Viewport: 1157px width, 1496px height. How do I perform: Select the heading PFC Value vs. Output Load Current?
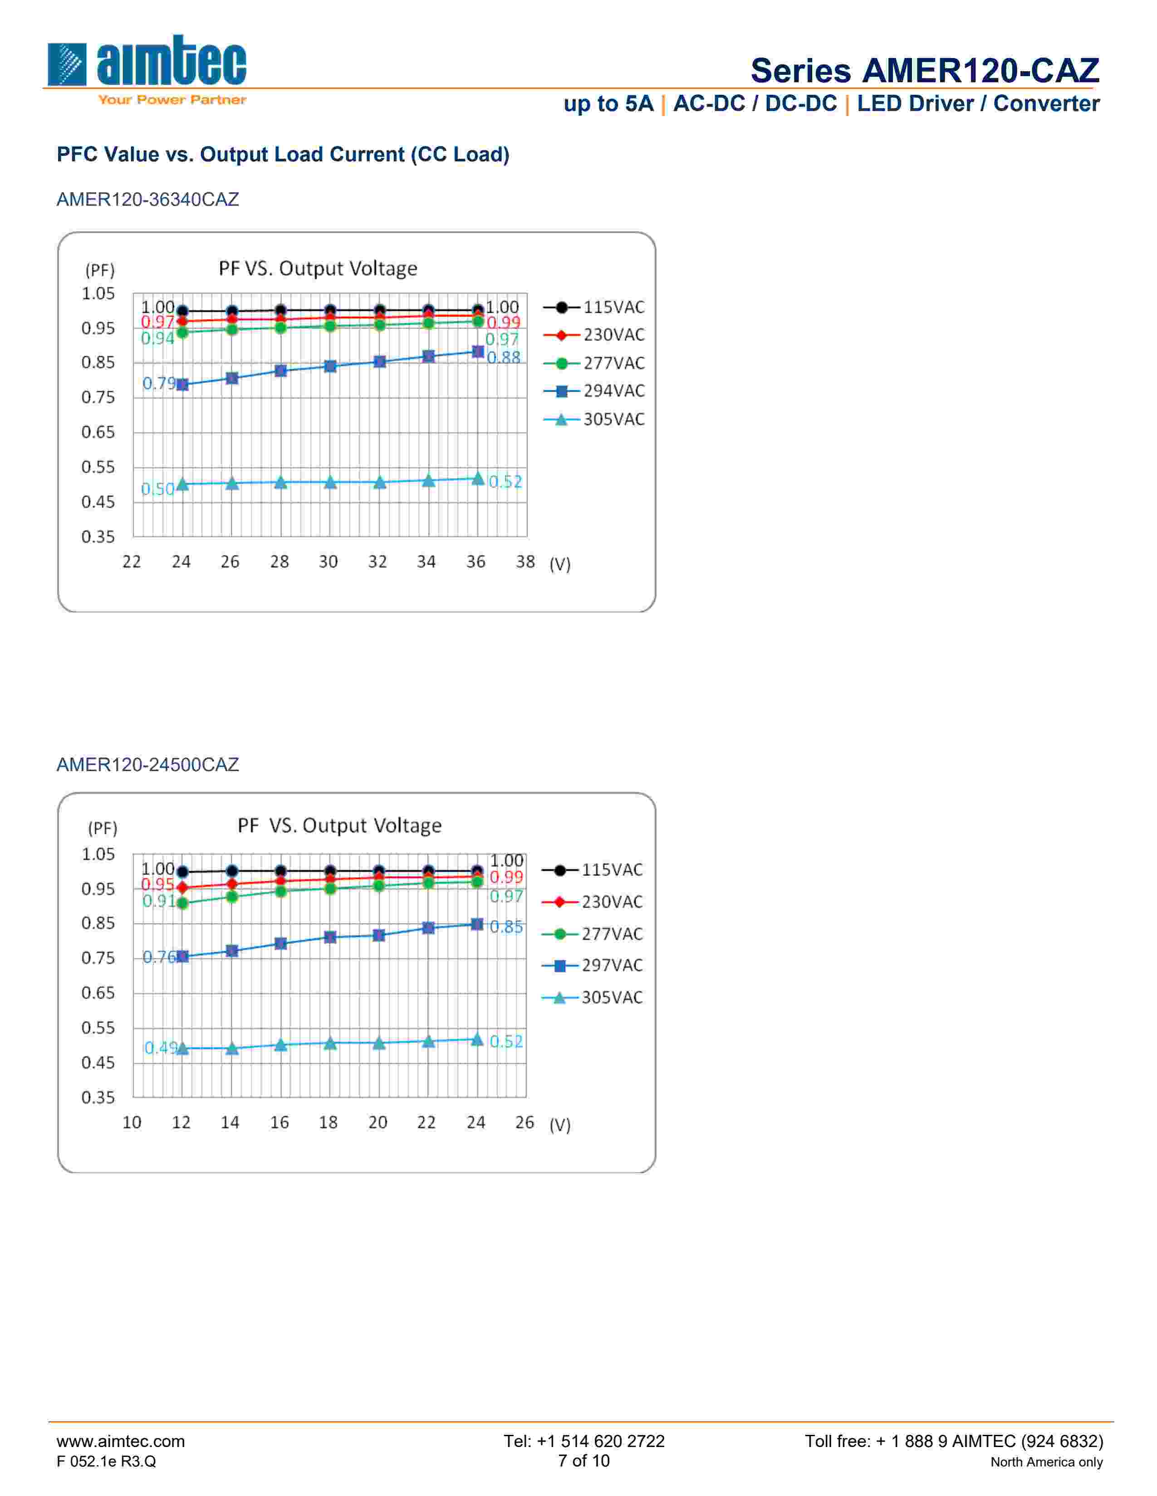[x=282, y=155]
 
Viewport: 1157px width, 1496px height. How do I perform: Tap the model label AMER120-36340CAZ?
[x=147, y=199]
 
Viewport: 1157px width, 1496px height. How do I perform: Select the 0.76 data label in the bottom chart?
[x=158, y=957]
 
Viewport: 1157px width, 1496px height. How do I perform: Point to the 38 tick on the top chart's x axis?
[x=525, y=562]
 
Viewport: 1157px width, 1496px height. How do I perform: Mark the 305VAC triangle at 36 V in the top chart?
[x=478, y=478]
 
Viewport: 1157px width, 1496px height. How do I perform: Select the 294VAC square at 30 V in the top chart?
[x=330, y=366]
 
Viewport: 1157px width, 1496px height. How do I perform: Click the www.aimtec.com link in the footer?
[x=121, y=1441]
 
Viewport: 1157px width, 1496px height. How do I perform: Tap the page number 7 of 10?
[x=583, y=1461]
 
